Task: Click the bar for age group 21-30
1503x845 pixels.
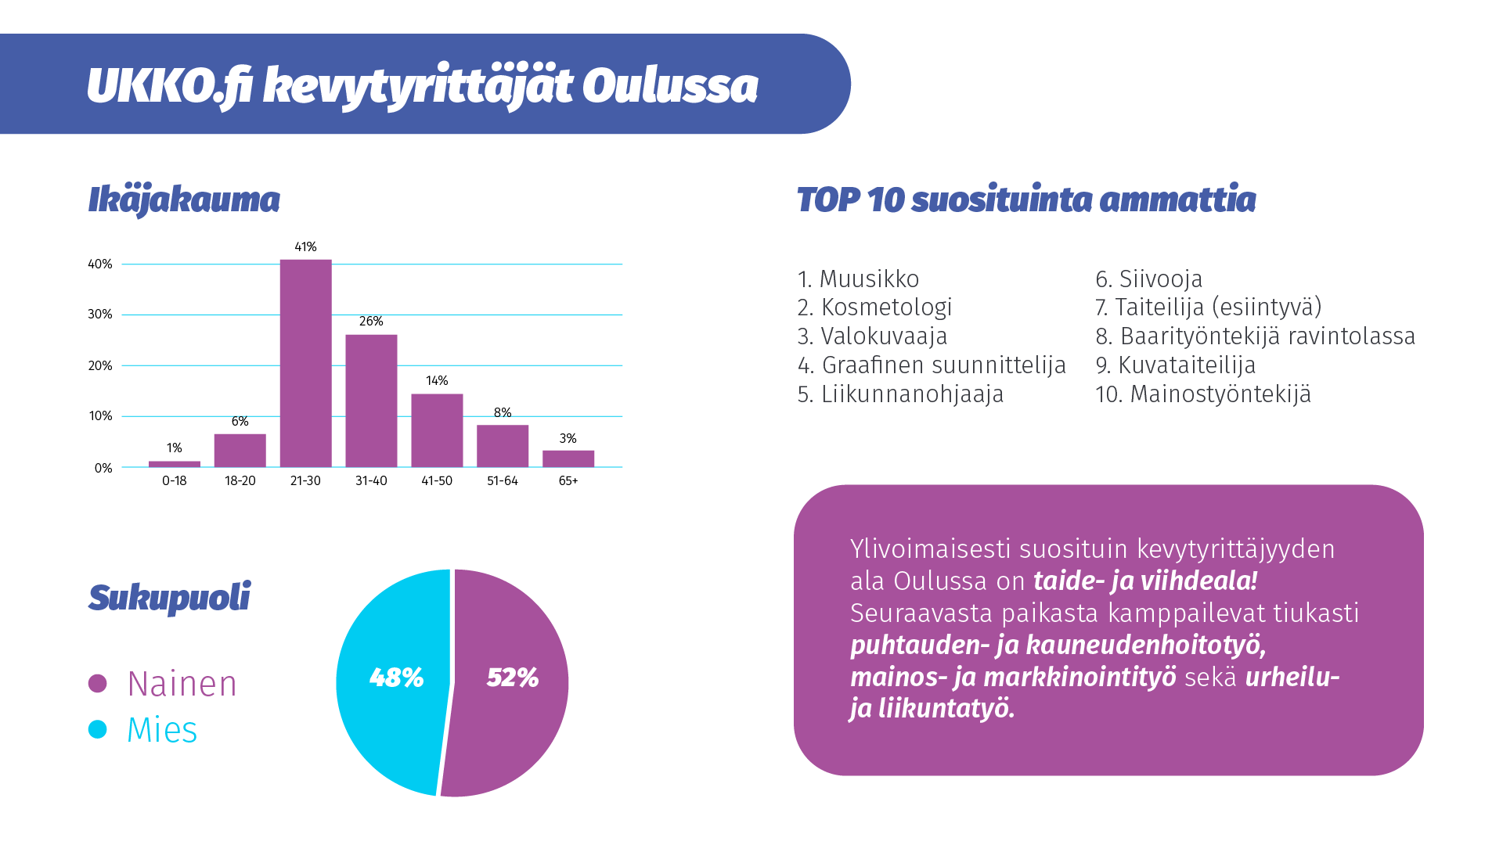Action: (x=305, y=363)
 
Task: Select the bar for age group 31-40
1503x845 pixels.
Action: (x=371, y=401)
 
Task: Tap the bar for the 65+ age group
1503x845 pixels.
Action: (x=568, y=458)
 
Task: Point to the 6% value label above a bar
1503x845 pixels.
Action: (x=240, y=422)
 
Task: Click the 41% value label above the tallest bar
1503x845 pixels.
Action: (x=305, y=247)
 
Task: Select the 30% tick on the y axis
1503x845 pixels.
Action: (x=100, y=315)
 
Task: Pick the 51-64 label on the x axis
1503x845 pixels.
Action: (x=503, y=481)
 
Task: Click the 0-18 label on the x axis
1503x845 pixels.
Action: (x=174, y=481)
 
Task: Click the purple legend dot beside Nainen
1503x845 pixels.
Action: (x=98, y=684)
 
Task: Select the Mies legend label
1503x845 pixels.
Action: (x=162, y=730)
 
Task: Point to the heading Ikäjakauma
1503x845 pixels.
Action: (x=184, y=200)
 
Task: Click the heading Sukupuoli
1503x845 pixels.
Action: (x=170, y=598)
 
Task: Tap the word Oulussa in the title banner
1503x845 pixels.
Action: (x=670, y=86)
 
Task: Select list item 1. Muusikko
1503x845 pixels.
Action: (x=858, y=279)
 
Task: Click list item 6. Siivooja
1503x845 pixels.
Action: (x=1148, y=279)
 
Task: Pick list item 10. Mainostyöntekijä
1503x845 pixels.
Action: (x=1202, y=394)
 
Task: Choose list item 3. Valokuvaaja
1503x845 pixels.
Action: (x=872, y=336)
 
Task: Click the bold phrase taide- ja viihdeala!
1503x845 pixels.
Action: (x=1145, y=581)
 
